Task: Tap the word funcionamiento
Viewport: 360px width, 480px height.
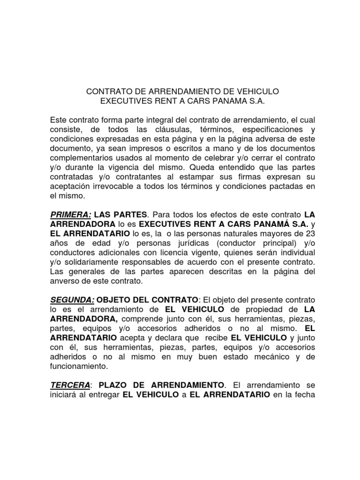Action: [x=79, y=367]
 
